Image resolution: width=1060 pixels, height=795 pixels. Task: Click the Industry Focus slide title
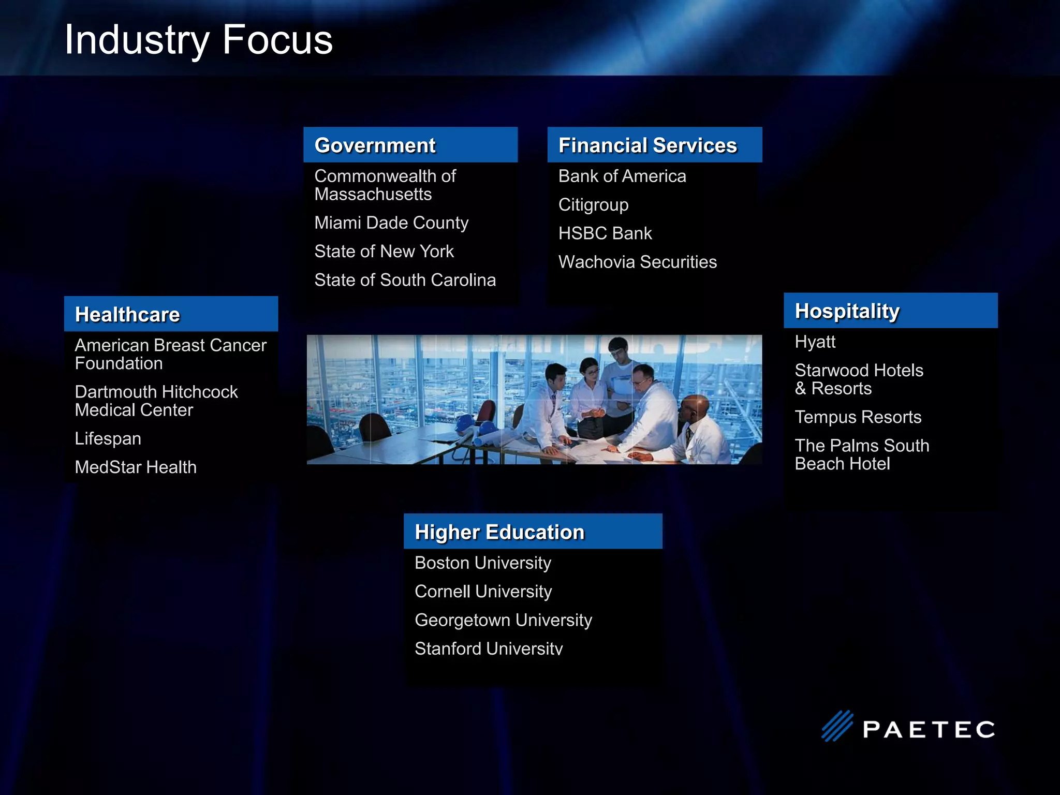[x=198, y=40]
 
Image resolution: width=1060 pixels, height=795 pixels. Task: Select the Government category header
[x=375, y=145]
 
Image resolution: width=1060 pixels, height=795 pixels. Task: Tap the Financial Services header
[x=647, y=145]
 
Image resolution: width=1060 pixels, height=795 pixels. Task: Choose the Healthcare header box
[x=127, y=315]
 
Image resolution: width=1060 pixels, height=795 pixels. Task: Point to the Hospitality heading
[x=847, y=311]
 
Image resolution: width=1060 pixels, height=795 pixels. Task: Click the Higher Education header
[x=499, y=532]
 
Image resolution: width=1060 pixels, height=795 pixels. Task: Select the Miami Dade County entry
[x=391, y=223]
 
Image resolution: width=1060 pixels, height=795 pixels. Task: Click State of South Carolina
[x=405, y=280]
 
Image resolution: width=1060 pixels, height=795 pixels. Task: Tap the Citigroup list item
[x=593, y=205]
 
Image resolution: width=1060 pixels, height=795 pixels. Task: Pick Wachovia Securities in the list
[x=637, y=262]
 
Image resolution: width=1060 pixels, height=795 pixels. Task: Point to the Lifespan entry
[x=108, y=439]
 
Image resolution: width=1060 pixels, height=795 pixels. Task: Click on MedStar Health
[x=136, y=467]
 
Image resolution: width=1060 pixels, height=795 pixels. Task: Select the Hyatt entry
[x=815, y=342]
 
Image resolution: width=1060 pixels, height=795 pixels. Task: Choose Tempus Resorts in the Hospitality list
[x=858, y=417]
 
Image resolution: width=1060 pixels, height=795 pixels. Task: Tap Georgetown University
[x=503, y=620]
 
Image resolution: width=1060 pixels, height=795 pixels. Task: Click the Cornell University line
[x=483, y=592]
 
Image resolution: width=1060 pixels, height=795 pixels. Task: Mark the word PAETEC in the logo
[x=929, y=730]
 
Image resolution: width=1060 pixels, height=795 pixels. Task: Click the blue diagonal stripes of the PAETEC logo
[x=837, y=726]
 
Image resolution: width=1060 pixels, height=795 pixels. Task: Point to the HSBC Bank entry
[x=605, y=233]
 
